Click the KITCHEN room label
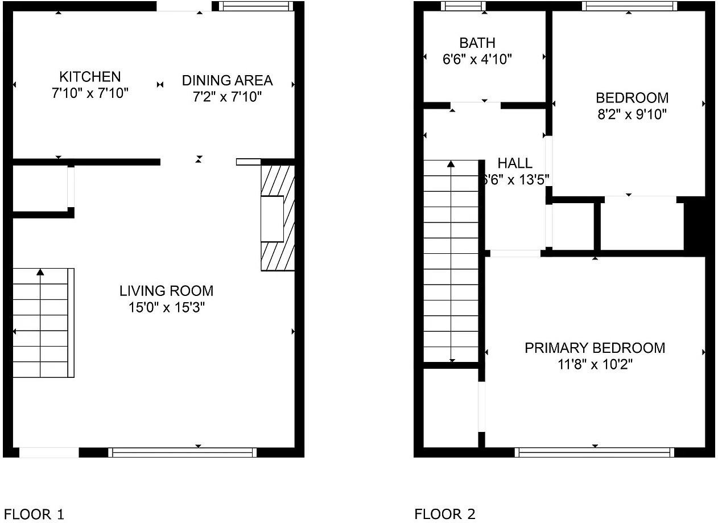point(90,77)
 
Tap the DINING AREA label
point(227,80)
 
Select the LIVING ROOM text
point(166,291)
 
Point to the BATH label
point(477,43)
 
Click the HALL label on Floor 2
point(515,163)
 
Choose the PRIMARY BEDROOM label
point(595,348)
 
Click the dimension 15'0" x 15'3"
point(166,308)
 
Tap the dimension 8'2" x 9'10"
point(632,114)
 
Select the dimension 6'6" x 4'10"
point(477,59)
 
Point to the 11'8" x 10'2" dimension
point(595,365)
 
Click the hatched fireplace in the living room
point(278,218)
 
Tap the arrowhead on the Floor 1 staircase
point(40,272)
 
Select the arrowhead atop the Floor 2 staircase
point(451,164)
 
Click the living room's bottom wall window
point(183,452)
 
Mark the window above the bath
point(463,6)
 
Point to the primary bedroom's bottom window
point(595,452)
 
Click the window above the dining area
point(256,6)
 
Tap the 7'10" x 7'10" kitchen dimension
point(90,93)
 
